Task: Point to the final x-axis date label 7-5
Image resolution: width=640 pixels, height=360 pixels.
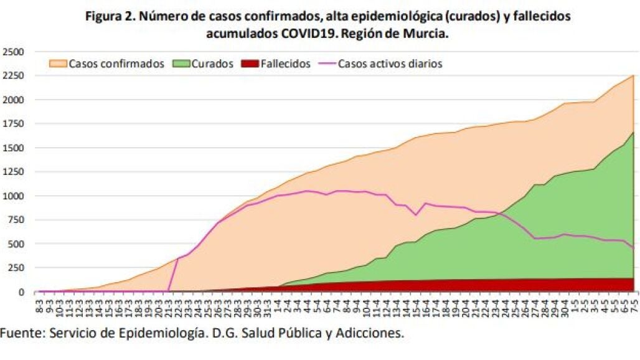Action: (x=634, y=306)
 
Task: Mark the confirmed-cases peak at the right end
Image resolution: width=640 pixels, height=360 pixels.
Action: (x=633, y=76)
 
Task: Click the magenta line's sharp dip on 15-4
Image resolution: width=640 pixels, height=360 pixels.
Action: (x=416, y=215)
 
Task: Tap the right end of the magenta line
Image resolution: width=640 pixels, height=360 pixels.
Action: (x=633, y=248)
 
